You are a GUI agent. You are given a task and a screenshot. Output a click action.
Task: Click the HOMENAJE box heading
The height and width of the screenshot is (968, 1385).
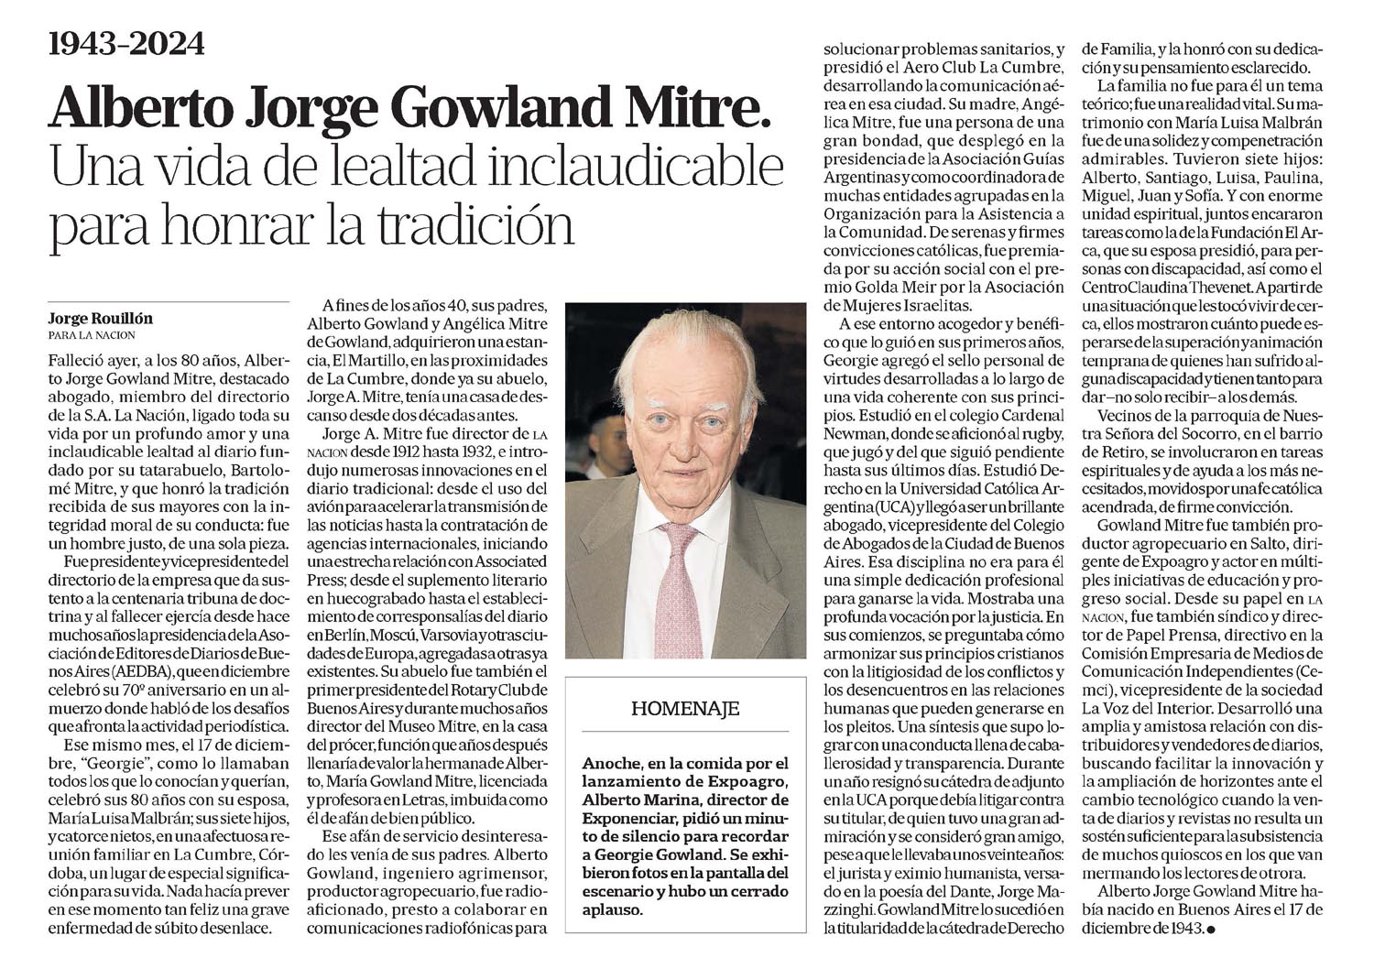tap(685, 708)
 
